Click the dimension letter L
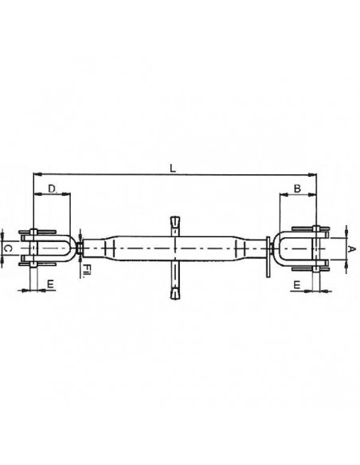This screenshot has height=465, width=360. click(x=173, y=166)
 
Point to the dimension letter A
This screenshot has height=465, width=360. click(x=350, y=248)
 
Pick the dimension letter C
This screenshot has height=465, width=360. click(x=6, y=249)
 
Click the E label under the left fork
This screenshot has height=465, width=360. click(x=51, y=283)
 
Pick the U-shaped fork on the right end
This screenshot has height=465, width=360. click(x=301, y=248)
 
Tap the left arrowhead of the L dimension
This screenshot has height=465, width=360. click(x=37, y=174)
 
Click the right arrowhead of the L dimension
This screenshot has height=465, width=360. click(x=314, y=174)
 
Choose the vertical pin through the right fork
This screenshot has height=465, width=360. click(x=318, y=248)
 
